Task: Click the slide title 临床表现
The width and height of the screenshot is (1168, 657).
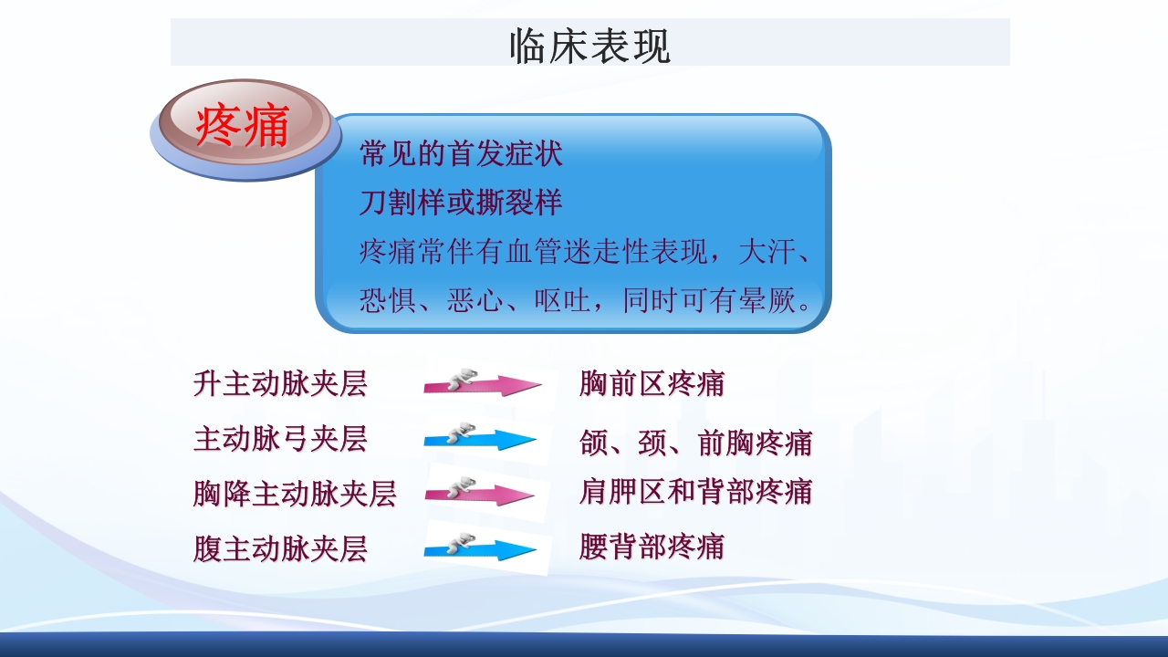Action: click(589, 46)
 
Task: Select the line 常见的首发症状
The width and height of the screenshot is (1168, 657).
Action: click(461, 153)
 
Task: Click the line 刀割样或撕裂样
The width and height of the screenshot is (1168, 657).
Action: click(461, 203)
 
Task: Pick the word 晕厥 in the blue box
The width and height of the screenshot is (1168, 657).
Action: click(768, 301)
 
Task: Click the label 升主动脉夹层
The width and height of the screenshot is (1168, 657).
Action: click(280, 383)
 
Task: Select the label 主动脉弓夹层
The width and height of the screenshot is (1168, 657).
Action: click(280, 439)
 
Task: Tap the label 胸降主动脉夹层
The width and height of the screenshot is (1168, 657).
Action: click(295, 494)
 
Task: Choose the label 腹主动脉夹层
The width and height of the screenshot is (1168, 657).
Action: click(280, 548)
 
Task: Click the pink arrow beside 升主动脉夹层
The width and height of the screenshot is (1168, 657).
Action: click(482, 384)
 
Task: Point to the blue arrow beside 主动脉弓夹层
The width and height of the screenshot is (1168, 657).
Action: click(480, 440)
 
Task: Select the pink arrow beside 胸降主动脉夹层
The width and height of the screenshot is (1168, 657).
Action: click(480, 495)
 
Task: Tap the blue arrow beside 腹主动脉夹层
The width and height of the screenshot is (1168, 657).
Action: click(480, 549)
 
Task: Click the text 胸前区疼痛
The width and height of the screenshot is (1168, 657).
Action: click(652, 383)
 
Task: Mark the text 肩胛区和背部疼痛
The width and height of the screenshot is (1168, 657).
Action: click(695, 492)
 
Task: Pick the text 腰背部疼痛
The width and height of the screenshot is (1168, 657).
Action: click(652, 547)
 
